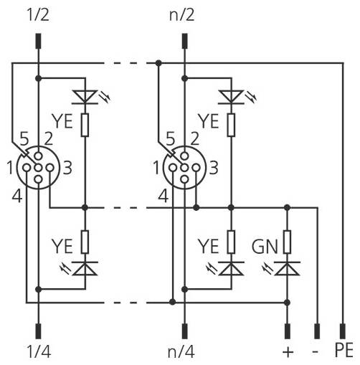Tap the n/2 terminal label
pyautogui.click(x=184, y=12)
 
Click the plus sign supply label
pyautogui.click(x=288, y=352)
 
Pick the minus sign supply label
pyautogui.click(x=316, y=352)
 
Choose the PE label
pyautogui.click(x=344, y=352)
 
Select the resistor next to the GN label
pyautogui.click(x=288, y=242)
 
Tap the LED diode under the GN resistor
pyautogui.click(x=288, y=269)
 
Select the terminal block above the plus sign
pyautogui.click(x=288, y=331)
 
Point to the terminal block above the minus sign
pyautogui.click(x=316, y=331)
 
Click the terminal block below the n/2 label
pyautogui.click(x=184, y=37)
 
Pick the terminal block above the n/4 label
pyautogui.click(x=184, y=331)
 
